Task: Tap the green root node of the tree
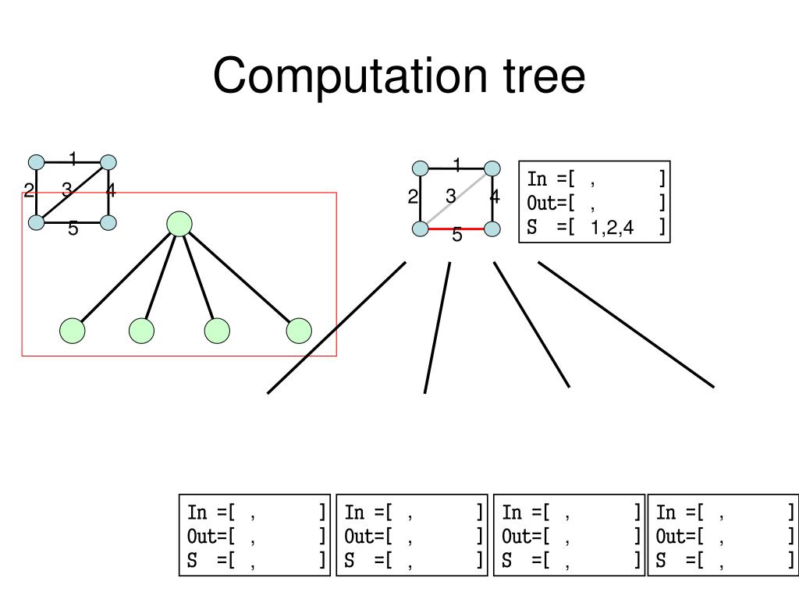[179, 224]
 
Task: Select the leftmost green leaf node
[73, 331]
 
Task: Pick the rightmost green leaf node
[299, 331]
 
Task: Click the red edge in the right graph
[456, 229]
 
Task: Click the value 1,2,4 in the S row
[612, 227]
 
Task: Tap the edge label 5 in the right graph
[457, 235]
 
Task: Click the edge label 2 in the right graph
[412, 197]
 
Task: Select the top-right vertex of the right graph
[492, 168]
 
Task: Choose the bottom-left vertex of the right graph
[421, 229]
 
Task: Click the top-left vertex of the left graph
[37, 162]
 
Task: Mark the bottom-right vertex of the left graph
[108, 222]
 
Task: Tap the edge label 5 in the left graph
[73, 229]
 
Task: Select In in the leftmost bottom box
[197, 512]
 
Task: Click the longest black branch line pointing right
[626, 324]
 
